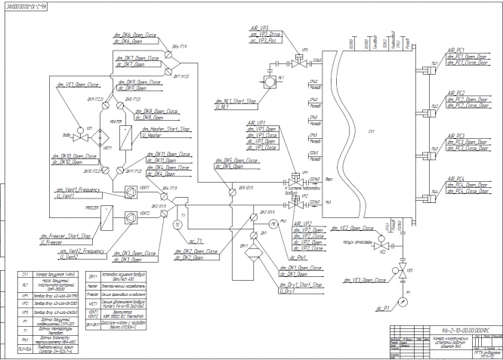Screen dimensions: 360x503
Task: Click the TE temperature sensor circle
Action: [178, 224]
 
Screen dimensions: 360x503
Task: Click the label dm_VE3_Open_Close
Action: [357, 279]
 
